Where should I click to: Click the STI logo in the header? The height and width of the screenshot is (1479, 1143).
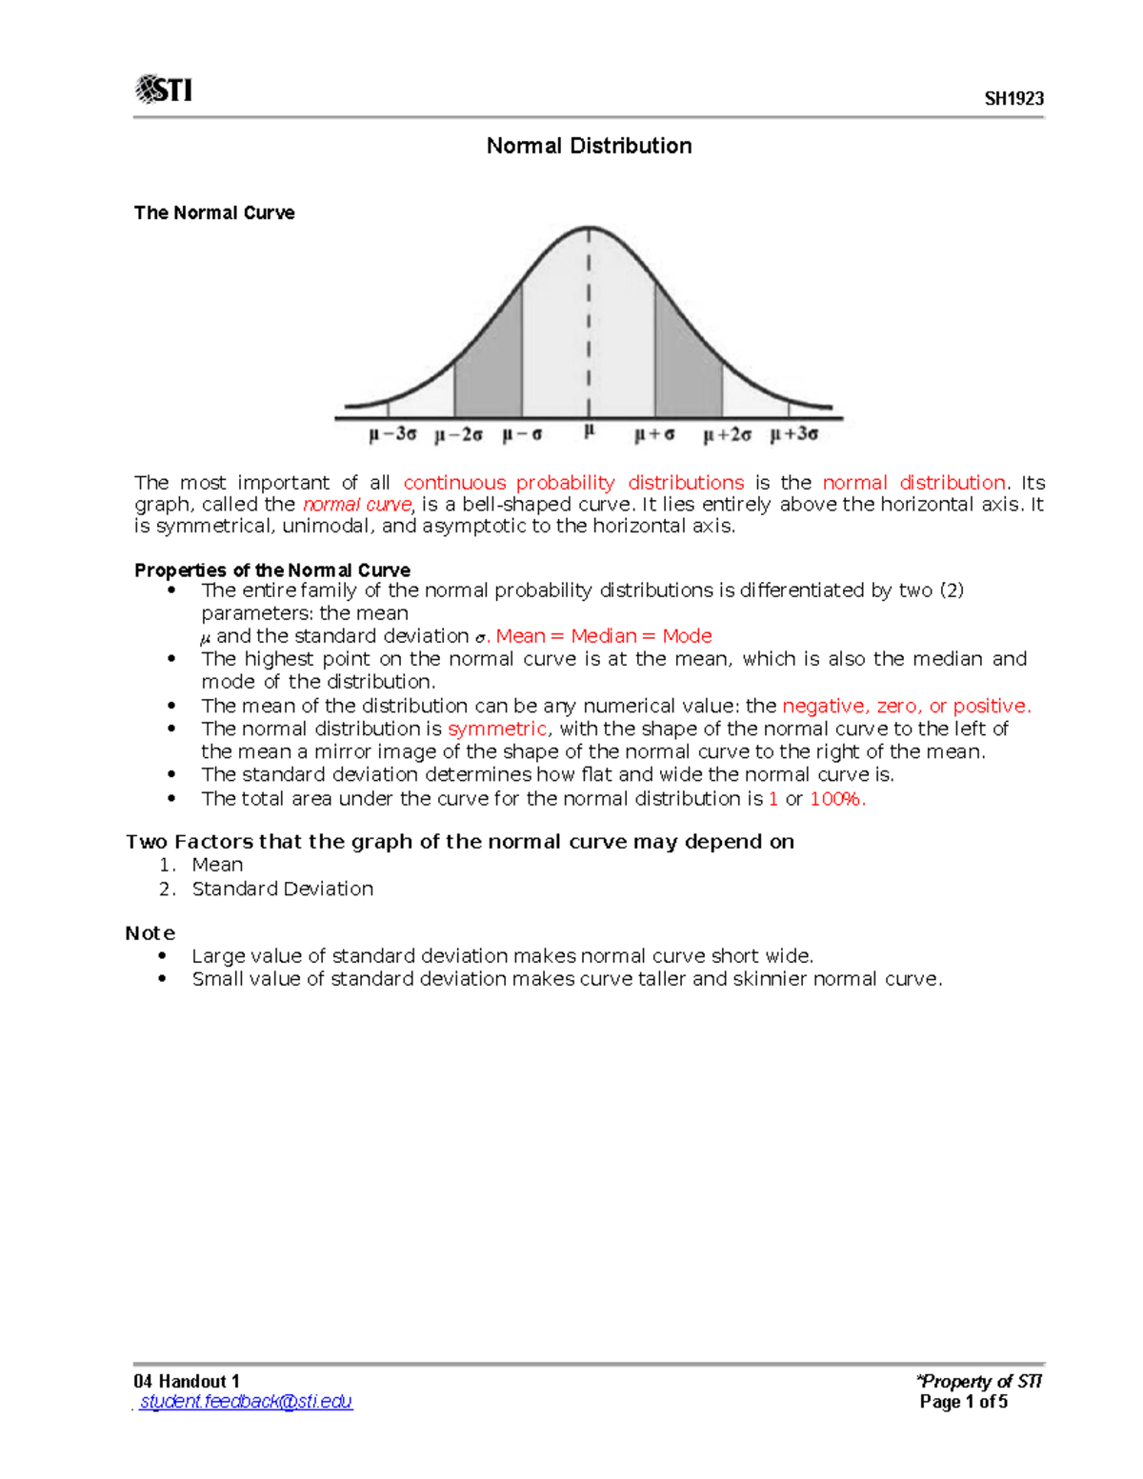click(x=164, y=90)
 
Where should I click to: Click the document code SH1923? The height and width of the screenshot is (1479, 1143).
click(x=1013, y=99)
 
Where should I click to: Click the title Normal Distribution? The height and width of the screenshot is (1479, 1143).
click(x=589, y=146)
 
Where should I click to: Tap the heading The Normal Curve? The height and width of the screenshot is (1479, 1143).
click(x=214, y=212)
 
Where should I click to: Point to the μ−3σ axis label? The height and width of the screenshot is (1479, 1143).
click(x=392, y=434)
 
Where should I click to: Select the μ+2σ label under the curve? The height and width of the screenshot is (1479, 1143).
click(x=728, y=435)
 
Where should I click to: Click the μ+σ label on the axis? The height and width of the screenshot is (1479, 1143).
click(x=654, y=435)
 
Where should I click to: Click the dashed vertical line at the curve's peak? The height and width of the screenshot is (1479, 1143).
click(x=589, y=314)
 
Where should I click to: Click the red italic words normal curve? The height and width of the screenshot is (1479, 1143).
click(x=357, y=505)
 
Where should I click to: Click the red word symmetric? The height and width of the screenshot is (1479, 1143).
click(x=497, y=729)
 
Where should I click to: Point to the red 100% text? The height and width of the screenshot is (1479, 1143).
click(x=837, y=799)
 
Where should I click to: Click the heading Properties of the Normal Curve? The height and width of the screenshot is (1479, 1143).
click(x=272, y=570)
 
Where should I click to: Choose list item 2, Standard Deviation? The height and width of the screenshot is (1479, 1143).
click(x=282, y=889)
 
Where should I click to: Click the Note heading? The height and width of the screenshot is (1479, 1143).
click(x=150, y=933)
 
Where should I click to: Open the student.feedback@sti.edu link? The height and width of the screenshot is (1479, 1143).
click(x=246, y=1402)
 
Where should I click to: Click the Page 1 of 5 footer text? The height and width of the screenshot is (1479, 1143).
click(x=963, y=1402)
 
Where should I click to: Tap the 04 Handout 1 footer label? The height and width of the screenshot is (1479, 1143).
click(x=187, y=1381)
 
